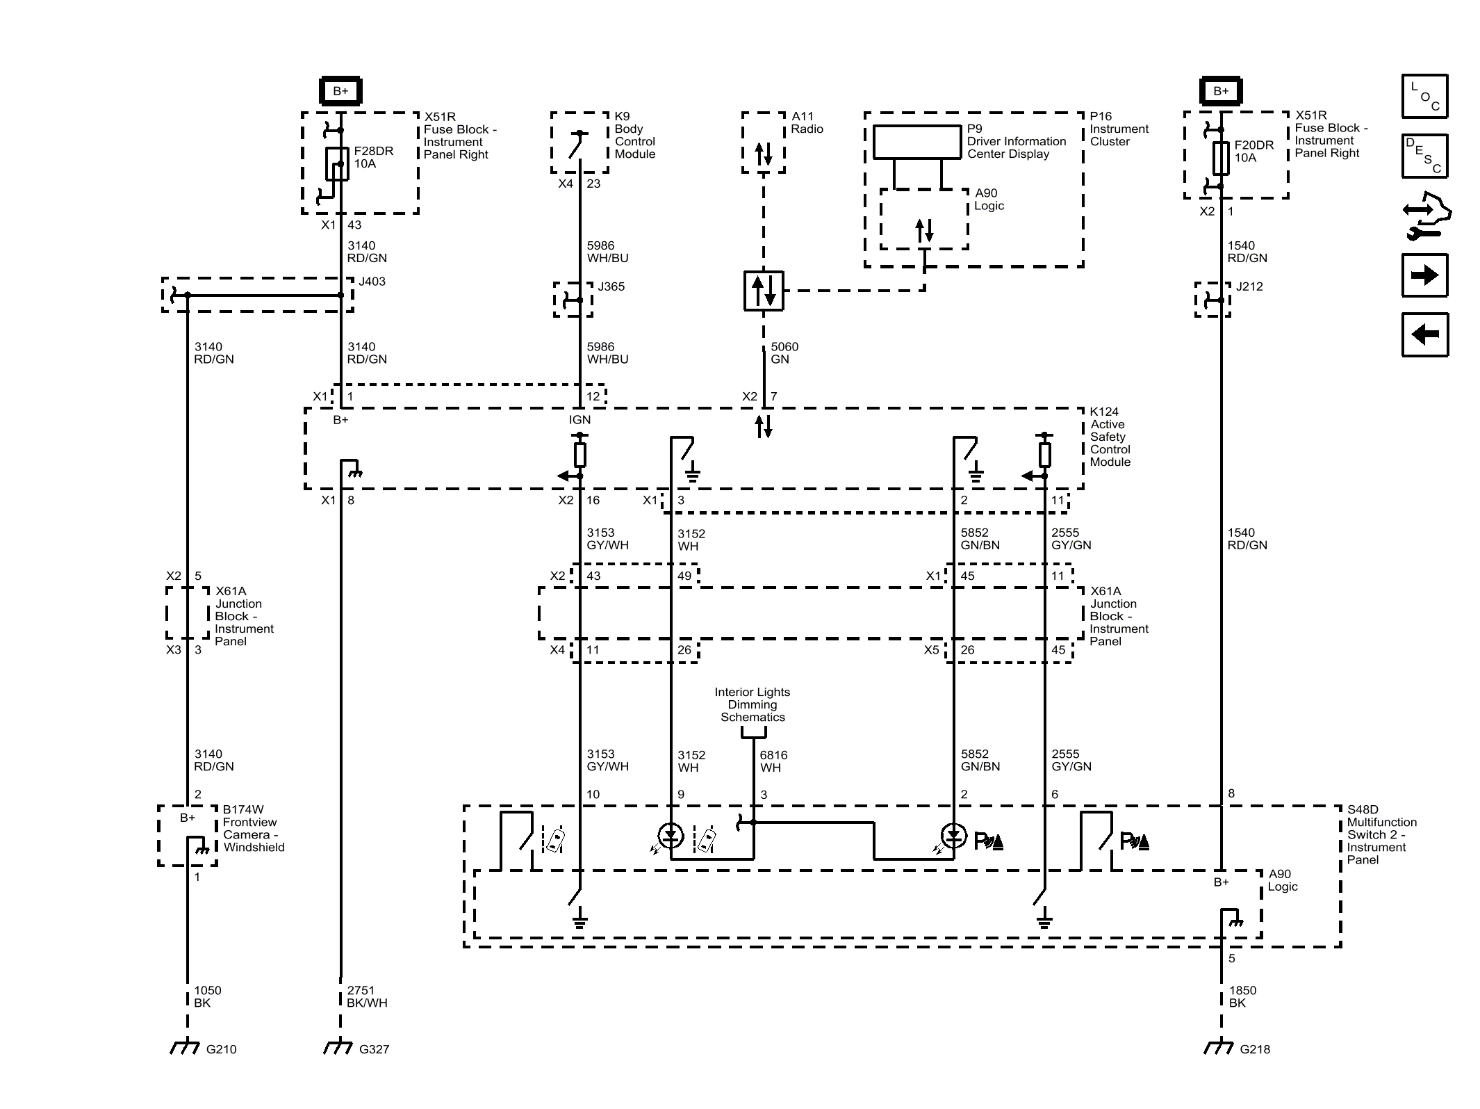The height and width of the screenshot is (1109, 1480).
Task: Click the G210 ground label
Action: pyautogui.click(x=221, y=1049)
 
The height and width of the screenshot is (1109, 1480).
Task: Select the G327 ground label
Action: pyautogui.click(x=374, y=1049)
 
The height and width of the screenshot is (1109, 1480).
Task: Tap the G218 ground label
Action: pyautogui.click(x=1255, y=1049)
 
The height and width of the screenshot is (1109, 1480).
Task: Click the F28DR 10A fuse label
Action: pyautogui.click(x=373, y=157)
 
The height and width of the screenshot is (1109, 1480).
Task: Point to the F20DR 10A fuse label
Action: pyautogui.click(x=1253, y=152)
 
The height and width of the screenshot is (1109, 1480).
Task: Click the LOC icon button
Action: pyautogui.click(x=1424, y=96)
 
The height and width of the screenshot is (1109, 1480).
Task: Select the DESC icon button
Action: pyautogui.click(x=1424, y=156)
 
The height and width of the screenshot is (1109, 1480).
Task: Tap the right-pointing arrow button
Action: pyautogui.click(x=1424, y=275)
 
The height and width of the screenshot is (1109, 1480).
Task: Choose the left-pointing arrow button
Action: pyautogui.click(x=1424, y=335)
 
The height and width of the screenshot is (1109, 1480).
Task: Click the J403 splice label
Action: pyautogui.click(x=372, y=282)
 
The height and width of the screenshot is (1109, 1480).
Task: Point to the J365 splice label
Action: pyautogui.click(x=611, y=286)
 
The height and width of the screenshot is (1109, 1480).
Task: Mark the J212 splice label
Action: pyautogui.click(x=1249, y=286)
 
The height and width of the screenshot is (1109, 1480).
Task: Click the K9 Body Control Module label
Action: pyautogui.click(x=634, y=136)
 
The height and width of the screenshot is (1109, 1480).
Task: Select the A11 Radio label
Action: pyautogui.click(x=807, y=123)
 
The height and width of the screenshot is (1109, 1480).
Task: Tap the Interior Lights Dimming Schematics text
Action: pyautogui.click(x=753, y=704)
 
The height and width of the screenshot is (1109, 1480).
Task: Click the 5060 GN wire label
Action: pyautogui.click(x=784, y=353)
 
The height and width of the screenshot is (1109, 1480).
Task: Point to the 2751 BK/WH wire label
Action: pyautogui.click(x=367, y=996)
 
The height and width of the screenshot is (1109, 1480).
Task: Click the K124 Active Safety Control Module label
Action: pyautogui.click(x=1110, y=437)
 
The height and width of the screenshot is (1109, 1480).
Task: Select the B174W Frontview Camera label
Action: pyautogui.click(x=253, y=828)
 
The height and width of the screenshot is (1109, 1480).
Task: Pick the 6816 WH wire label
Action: pyautogui.click(x=773, y=761)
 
